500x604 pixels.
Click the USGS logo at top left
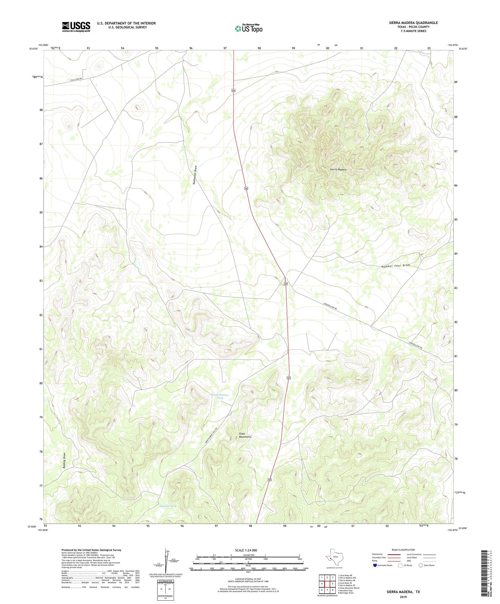[x=76, y=27]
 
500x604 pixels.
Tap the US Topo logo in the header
[x=248, y=28]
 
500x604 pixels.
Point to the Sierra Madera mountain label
[x=338, y=170]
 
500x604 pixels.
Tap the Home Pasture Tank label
[x=220, y=396]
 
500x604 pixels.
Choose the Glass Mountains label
[x=245, y=435]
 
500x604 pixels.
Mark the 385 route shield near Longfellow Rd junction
[x=286, y=284]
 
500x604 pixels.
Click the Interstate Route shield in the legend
[x=375, y=565]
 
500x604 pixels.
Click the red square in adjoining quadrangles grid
[x=327, y=584]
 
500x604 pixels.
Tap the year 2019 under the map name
[x=403, y=597]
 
